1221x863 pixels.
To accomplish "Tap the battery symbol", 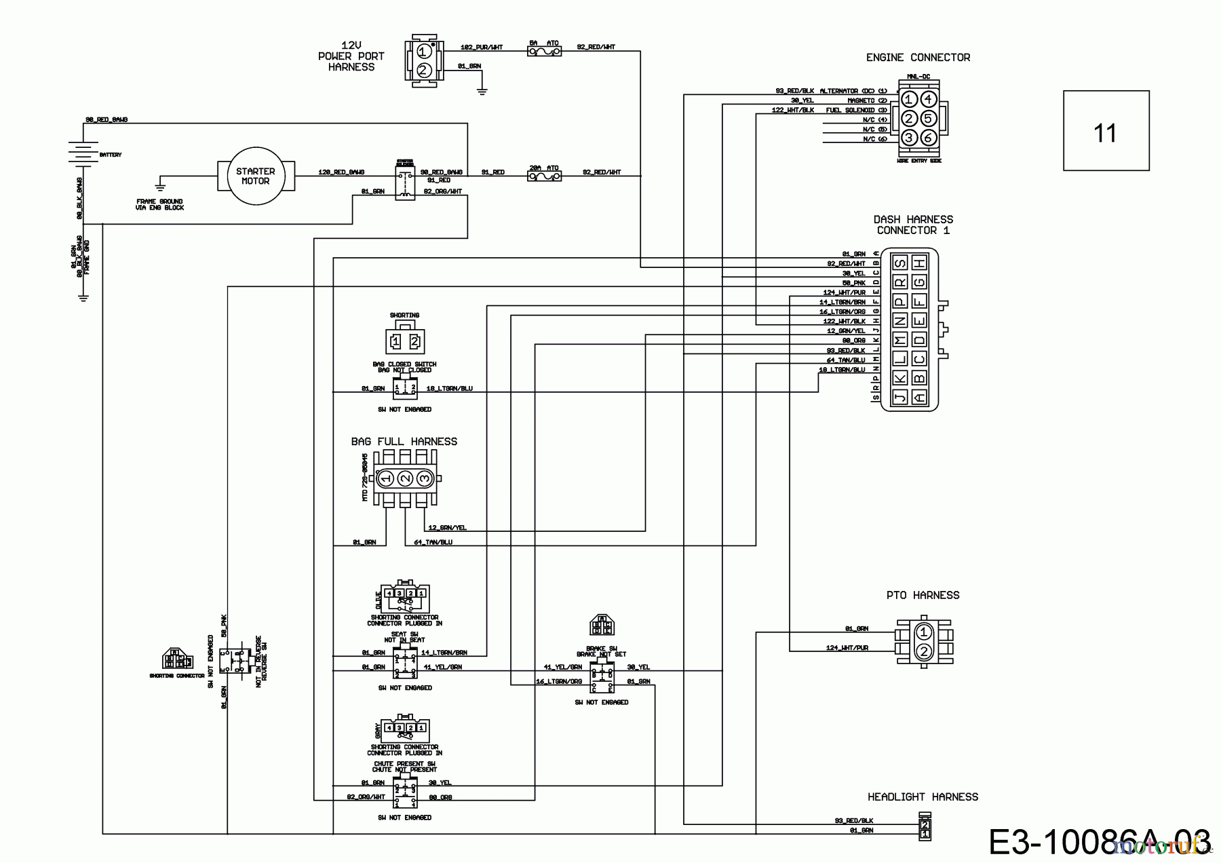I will pos(82,154).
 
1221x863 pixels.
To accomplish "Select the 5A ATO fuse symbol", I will pos(544,50).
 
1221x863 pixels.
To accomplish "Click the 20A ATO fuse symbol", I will pos(544,176).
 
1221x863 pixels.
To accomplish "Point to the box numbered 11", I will pos(1106,131).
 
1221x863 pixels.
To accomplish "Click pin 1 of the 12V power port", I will pos(423,52).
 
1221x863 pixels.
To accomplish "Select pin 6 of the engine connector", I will pos(929,138).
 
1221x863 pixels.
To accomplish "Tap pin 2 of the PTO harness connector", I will pos(923,652).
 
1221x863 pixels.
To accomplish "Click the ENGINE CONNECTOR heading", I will pos(918,58).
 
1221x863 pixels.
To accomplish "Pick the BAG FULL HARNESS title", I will pos(404,442).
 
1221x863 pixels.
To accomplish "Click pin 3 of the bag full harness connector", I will pos(425,478).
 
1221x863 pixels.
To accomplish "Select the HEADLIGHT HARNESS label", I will pos(923,797).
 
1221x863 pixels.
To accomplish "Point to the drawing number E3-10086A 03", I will pos(1099,841).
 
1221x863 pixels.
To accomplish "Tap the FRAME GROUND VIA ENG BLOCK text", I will pos(159,204).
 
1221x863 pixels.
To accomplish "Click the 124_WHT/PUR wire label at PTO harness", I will pos(847,648).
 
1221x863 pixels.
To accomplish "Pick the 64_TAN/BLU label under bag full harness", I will pos(433,542).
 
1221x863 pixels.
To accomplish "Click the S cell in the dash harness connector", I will pos(900,263).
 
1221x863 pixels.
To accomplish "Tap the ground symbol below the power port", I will pos(482,90).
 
